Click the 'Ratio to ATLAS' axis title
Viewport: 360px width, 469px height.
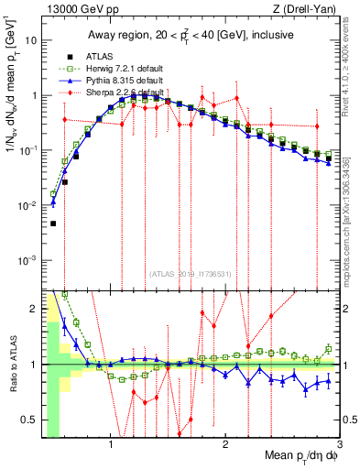pyautogui.click(x=13, y=365)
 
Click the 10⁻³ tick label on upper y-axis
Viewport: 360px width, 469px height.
pyautogui.click(x=28, y=260)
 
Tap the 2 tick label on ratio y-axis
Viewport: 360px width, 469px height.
pyautogui.click(x=34, y=308)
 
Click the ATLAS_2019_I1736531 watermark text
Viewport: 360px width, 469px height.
pyautogui.click(x=191, y=273)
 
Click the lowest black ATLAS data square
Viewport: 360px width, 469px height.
pyautogui.click(x=53, y=224)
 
